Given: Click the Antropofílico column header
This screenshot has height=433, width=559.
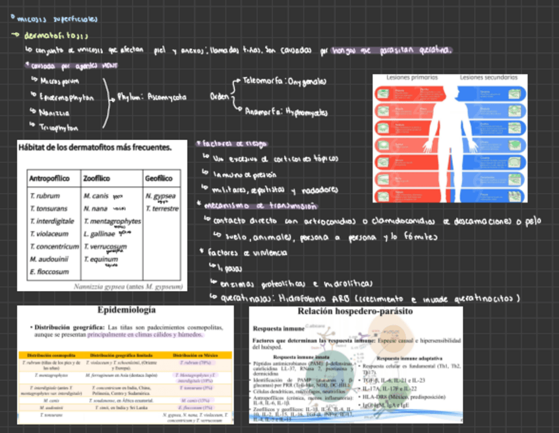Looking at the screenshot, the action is (52, 178).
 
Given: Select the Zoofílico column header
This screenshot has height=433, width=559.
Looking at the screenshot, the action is (98, 178).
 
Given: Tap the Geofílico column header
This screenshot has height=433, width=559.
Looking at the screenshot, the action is (158, 178).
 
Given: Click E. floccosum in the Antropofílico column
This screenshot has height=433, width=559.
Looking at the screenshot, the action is (49, 271).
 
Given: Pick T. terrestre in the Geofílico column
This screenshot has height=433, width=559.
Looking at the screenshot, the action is (162, 209).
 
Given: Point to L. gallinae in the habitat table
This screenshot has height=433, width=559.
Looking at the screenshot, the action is (100, 234).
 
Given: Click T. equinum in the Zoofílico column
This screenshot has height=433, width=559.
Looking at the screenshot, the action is (101, 259).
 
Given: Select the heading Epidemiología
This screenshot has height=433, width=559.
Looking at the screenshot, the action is (127, 310).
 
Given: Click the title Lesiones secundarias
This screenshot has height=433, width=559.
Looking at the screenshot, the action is (488, 77).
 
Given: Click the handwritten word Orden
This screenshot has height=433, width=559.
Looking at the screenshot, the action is (219, 96).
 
